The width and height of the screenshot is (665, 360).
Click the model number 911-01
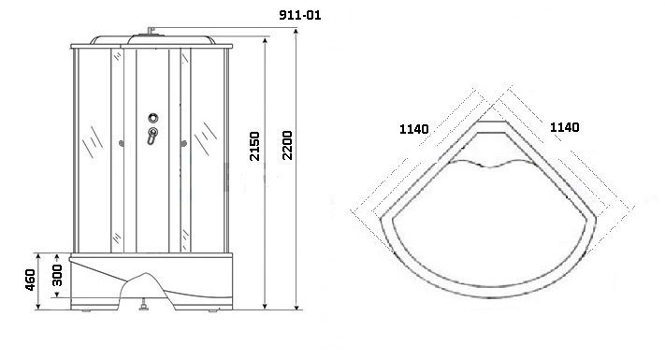pyautogui.click(x=300, y=15)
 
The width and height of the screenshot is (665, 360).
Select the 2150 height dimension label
pyautogui.click(x=254, y=146)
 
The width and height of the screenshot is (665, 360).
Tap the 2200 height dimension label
pyautogui.click(x=287, y=145)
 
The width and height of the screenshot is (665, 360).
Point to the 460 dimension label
pyautogui.click(x=30, y=280)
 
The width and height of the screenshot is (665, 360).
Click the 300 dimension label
pyautogui.click(x=57, y=275)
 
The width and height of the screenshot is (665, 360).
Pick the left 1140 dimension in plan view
pyautogui.click(x=414, y=129)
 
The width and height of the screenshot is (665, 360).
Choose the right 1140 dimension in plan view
pyautogui.click(x=565, y=127)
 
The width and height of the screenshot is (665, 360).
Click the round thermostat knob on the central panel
pyautogui.click(x=153, y=118)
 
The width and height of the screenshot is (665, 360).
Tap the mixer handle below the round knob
pyautogui.click(x=152, y=136)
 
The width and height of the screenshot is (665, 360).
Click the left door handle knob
pyautogui.click(x=122, y=144)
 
